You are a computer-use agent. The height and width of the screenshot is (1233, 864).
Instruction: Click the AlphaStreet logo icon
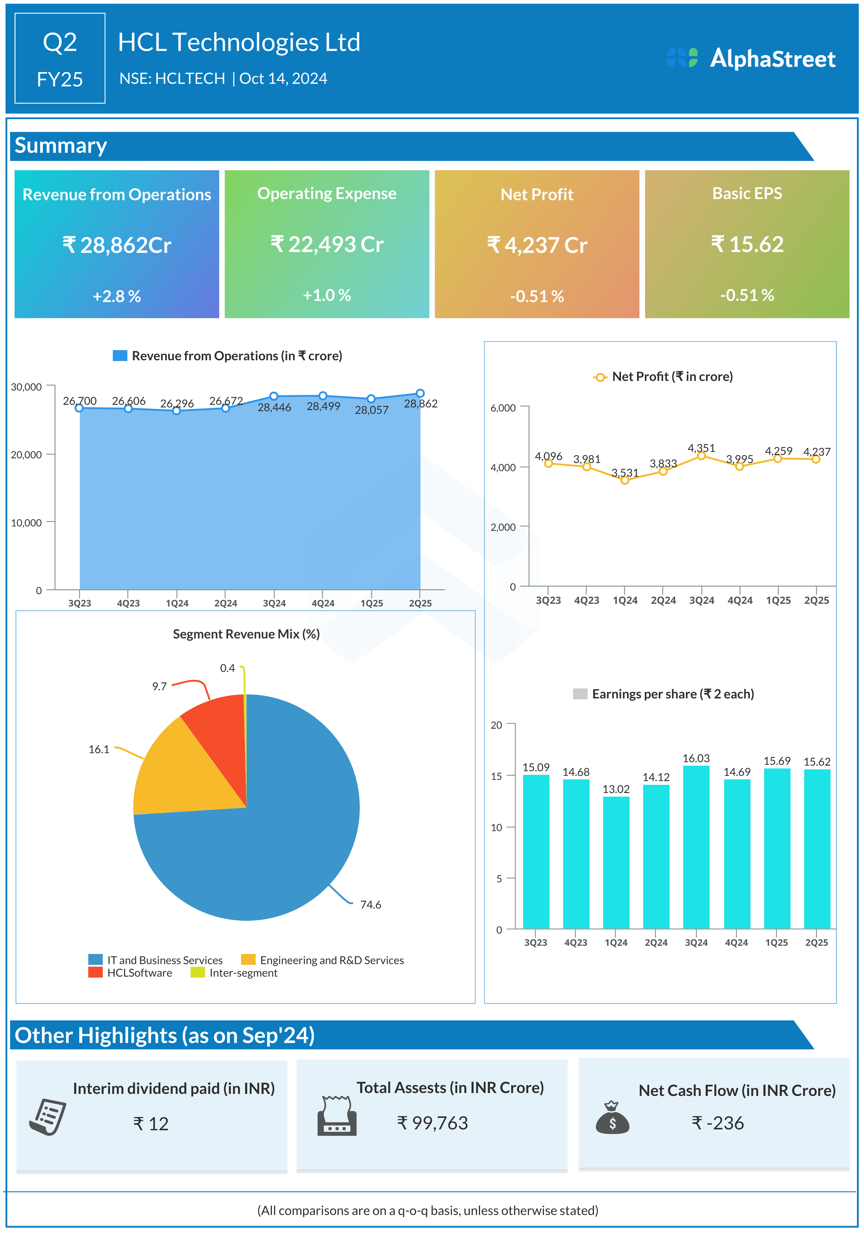point(682,57)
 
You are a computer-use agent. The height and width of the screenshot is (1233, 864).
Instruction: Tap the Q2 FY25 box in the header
point(60,58)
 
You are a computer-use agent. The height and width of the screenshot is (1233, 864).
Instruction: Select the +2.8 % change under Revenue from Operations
point(117,297)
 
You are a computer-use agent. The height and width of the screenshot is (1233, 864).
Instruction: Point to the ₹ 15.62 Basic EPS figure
point(747,244)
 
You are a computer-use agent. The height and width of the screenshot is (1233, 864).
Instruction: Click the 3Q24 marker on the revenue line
point(273,396)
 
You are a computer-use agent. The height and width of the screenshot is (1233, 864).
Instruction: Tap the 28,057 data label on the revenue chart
point(371,410)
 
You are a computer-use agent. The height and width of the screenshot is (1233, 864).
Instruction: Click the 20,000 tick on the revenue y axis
point(26,455)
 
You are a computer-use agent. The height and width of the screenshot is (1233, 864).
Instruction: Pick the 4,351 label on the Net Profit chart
point(701,448)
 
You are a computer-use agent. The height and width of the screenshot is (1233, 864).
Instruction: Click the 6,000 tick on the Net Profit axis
point(503,408)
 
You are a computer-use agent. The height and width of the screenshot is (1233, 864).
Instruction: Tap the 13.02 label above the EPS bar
point(616,789)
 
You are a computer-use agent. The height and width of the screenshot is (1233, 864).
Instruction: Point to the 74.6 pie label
point(370,905)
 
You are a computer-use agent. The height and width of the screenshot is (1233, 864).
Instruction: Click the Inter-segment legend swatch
point(197,973)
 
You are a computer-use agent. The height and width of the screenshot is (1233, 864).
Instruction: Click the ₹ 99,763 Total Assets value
point(433,1123)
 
